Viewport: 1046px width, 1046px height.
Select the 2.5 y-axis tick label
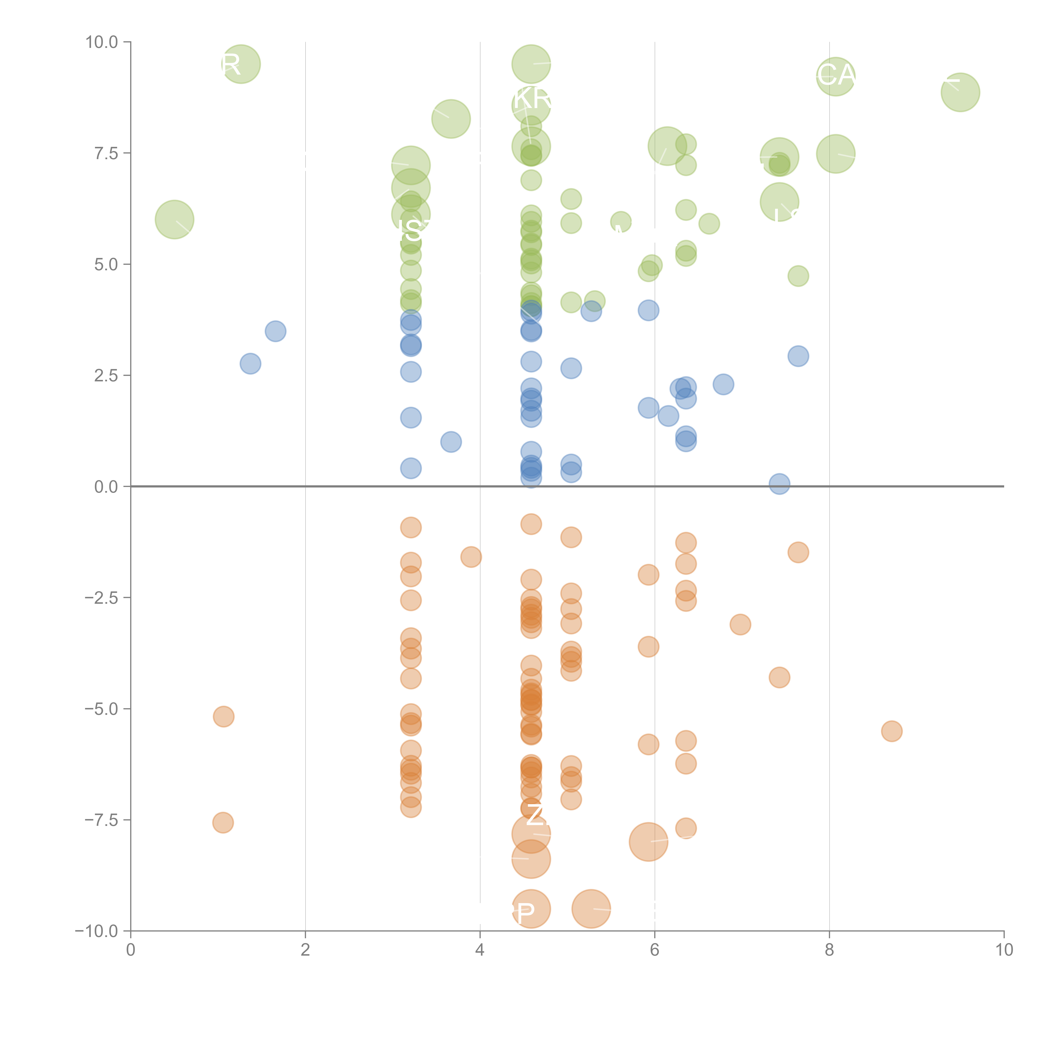point(106,376)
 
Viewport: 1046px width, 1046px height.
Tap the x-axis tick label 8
point(829,950)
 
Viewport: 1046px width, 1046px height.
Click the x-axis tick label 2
point(305,950)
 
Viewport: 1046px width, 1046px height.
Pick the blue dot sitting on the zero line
point(779,483)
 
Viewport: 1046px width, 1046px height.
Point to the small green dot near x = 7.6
point(798,276)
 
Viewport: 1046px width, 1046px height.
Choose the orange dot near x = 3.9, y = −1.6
point(471,556)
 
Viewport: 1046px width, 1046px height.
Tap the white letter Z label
point(535,815)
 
